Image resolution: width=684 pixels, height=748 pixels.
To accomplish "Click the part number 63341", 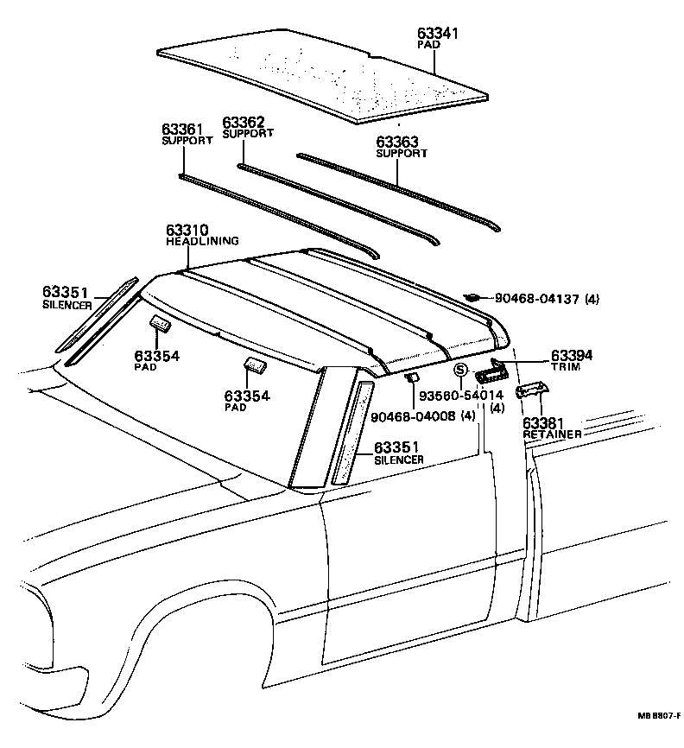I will (x=439, y=34).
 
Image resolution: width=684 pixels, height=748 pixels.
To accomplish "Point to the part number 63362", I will (x=243, y=123).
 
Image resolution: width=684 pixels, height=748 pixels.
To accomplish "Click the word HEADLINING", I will (x=202, y=242).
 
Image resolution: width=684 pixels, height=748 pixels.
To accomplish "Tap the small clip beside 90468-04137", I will (x=472, y=298).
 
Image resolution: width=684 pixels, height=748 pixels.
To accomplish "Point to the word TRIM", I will (x=565, y=367).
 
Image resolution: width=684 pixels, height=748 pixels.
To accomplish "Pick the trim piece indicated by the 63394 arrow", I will (x=487, y=372).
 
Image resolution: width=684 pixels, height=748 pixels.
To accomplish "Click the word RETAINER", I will (x=553, y=434).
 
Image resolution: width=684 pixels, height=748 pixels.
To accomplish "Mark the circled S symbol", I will (x=460, y=370).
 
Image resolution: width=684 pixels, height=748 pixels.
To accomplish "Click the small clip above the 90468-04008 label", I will (x=412, y=377).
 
